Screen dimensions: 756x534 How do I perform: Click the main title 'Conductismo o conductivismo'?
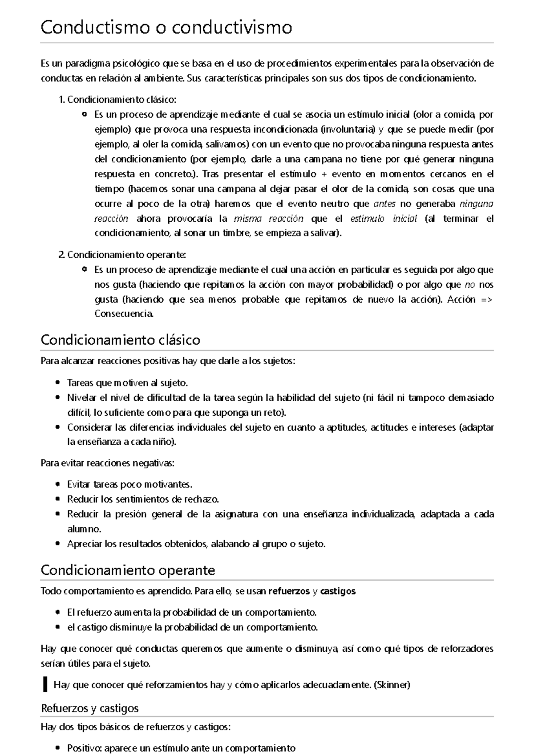click(166, 28)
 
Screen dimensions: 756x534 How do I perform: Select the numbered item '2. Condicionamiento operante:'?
click(122, 255)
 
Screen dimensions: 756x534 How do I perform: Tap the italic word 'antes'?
click(384, 204)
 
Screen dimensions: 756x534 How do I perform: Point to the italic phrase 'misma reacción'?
click(268, 219)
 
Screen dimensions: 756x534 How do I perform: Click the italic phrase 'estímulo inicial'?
click(384, 219)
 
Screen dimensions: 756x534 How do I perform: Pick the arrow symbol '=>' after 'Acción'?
click(487, 299)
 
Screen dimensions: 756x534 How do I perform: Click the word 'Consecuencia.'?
click(124, 314)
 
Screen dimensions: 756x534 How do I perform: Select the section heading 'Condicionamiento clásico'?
click(120, 340)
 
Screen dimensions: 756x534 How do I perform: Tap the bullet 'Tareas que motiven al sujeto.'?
click(127, 382)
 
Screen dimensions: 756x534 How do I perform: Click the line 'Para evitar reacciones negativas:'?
click(107, 463)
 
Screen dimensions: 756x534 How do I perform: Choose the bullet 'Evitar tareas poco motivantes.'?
click(129, 484)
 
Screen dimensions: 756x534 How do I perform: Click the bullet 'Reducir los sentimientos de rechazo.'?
click(143, 499)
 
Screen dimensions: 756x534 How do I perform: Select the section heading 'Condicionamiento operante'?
click(128, 570)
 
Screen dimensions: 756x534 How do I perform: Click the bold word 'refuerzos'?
click(289, 591)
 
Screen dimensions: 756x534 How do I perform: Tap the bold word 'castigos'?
click(338, 591)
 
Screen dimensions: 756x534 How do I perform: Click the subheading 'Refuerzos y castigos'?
click(90, 708)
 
